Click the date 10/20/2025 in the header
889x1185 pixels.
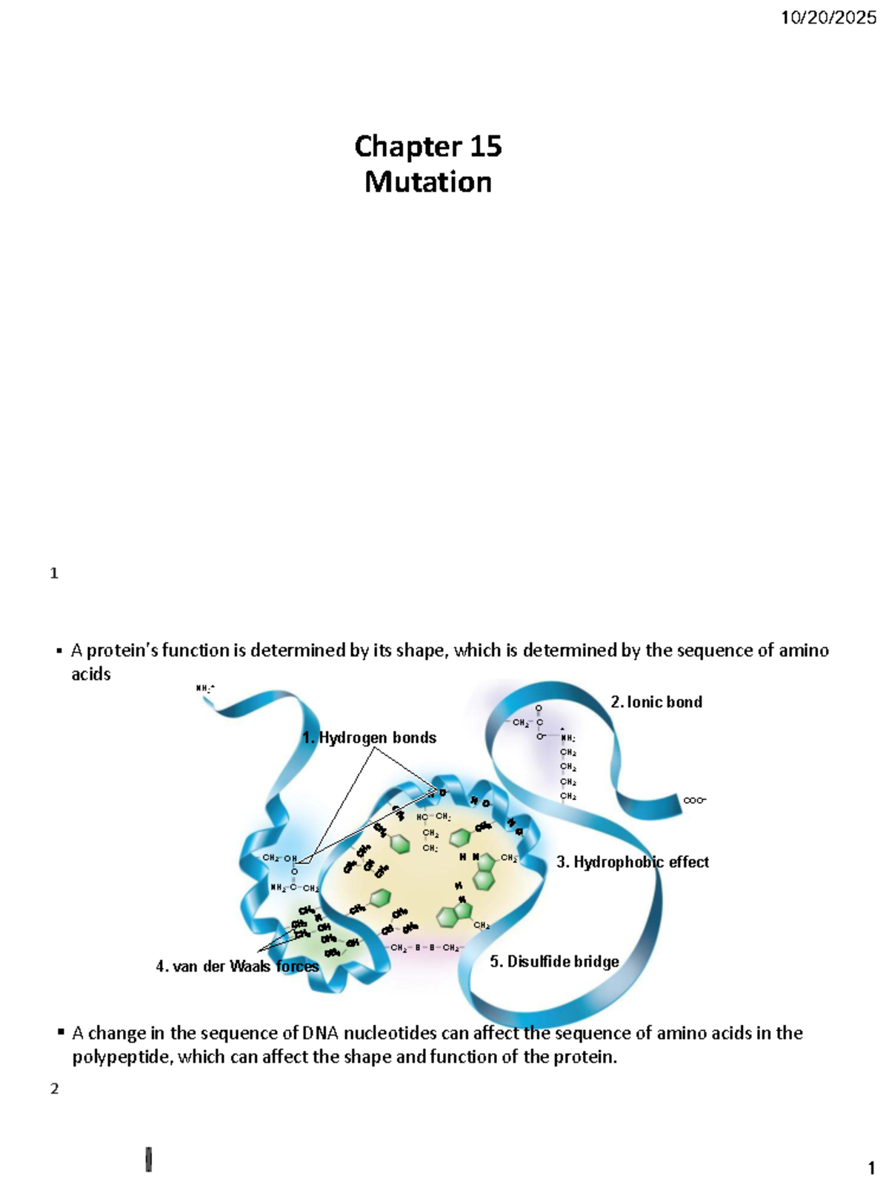coord(828,18)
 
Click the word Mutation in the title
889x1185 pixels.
coord(428,182)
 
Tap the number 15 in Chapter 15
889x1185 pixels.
coord(485,147)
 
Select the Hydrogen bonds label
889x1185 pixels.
coord(370,738)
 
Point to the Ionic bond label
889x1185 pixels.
coord(656,702)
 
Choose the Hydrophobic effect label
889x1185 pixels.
coord(633,862)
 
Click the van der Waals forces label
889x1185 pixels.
coord(237,967)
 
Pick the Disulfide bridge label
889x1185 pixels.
coord(554,961)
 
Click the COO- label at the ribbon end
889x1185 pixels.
coord(694,801)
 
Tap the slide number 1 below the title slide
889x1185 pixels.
coord(54,573)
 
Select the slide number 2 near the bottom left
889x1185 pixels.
coord(54,1089)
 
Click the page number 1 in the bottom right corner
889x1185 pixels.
coord(871,1169)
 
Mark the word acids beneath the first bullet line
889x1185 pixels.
coord(91,674)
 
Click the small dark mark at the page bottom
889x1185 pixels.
coord(149,1159)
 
